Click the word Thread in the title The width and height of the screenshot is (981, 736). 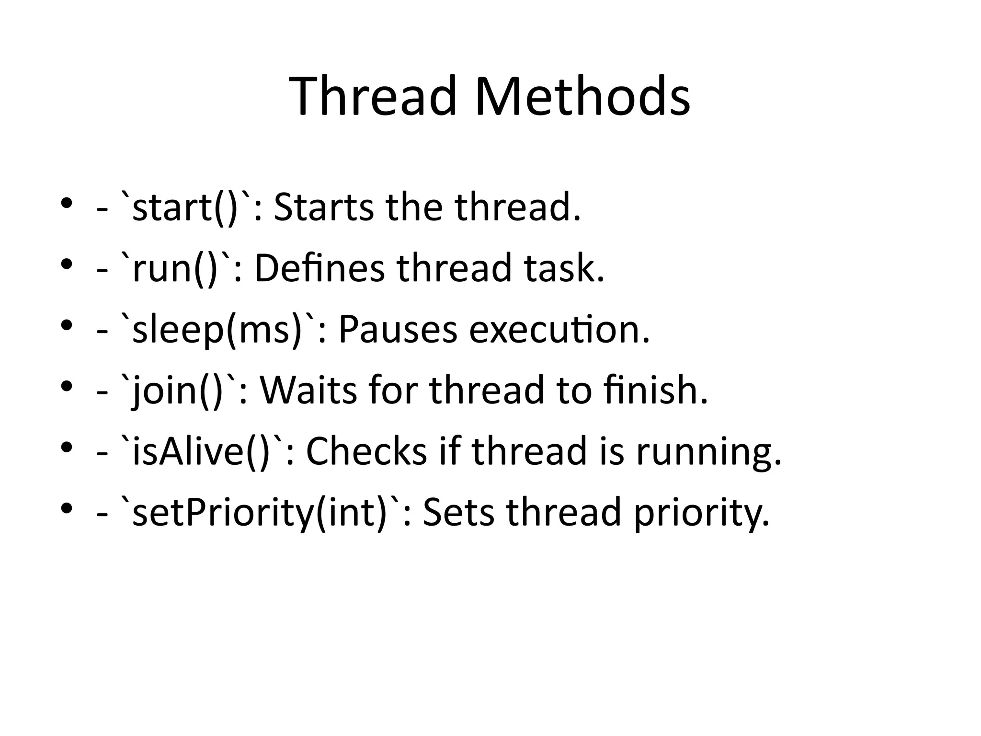coord(373,96)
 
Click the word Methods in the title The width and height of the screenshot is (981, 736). coord(582,96)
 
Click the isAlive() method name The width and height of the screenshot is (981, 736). coord(201,451)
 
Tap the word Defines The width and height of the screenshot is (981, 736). coord(319,269)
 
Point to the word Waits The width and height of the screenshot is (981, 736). coord(308,391)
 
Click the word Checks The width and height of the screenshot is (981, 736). coord(366,451)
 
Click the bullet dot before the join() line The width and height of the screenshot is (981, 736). coord(67,385)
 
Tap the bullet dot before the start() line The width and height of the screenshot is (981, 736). coord(67,203)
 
